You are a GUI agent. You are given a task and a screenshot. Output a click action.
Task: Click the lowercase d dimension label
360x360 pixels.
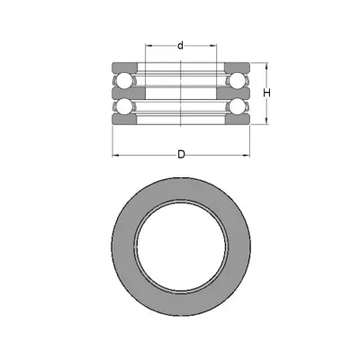click(x=180, y=46)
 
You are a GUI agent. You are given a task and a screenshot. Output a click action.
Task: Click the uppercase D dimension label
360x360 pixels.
click(x=181, y=155)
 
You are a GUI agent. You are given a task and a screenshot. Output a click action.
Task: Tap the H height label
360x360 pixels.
click(x=266, y=93)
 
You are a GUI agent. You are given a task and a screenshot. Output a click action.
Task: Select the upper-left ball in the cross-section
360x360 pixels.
click(x=123, y=80)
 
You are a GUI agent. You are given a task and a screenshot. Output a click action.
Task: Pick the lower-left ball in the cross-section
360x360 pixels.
click(x=123, y=106)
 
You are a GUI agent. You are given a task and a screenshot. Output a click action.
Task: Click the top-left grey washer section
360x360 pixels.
click(x=125, y=67)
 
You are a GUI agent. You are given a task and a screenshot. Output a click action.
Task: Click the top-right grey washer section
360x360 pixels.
click(x=237, y=67)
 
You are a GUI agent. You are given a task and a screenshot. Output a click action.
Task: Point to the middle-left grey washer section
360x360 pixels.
click(x=129, y=93)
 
